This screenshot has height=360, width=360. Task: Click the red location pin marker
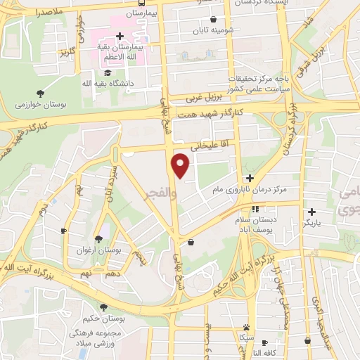coord(181,165)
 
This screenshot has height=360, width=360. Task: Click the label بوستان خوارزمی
coord(41,104)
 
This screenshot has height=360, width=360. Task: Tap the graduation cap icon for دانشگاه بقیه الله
coord(107,72)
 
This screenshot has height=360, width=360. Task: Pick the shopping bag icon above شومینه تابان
coord(213,19)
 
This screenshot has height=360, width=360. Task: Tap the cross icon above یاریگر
coord(311,211)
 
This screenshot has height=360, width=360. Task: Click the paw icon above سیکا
coord(247,327)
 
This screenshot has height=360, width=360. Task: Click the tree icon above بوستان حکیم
coord(104,308)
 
